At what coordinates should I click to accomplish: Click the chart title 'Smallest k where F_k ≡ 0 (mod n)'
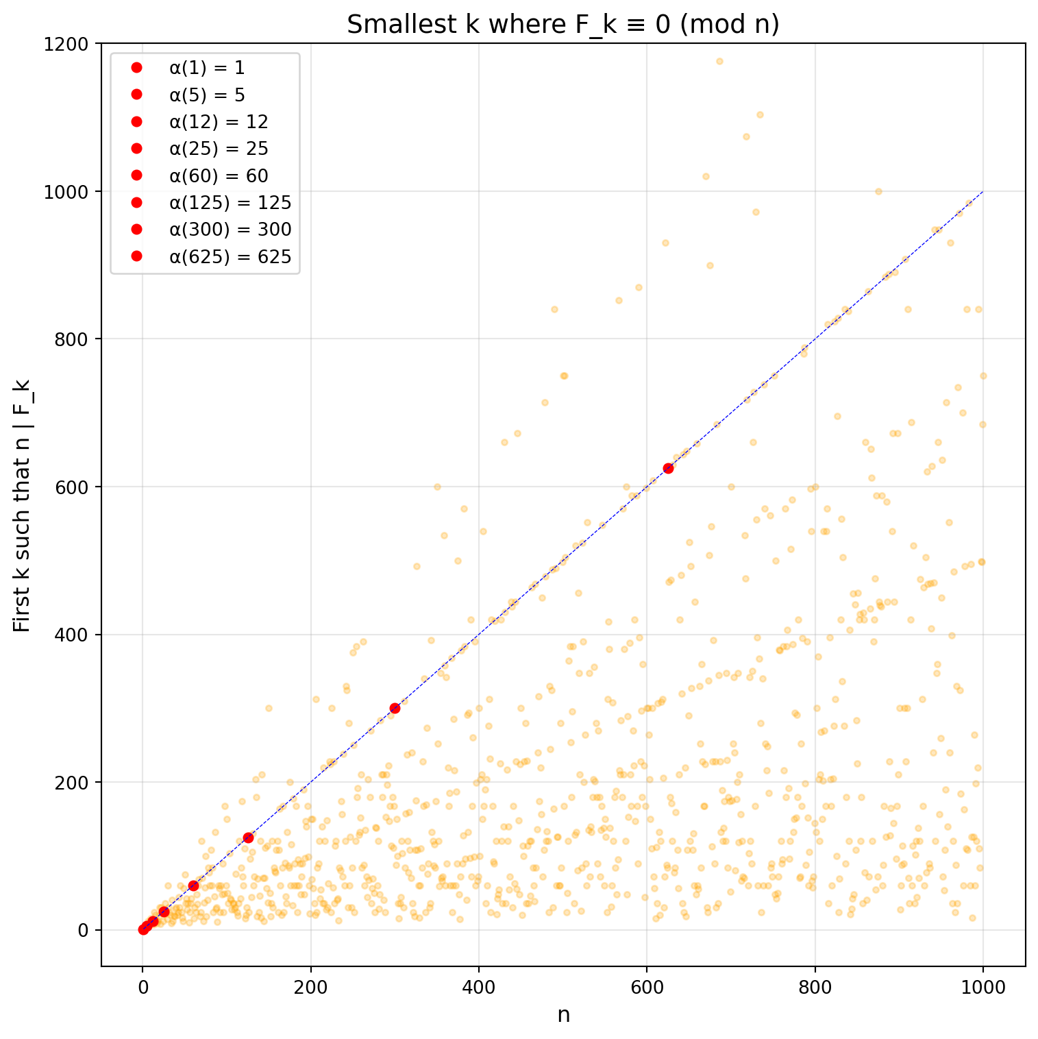tap(563, 25)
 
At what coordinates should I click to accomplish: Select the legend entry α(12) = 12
tap(219, 121)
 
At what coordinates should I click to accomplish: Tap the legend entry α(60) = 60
tap(219, 175)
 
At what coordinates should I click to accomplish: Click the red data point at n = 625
tap(668, 468)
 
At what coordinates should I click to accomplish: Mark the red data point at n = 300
tap(395, 708)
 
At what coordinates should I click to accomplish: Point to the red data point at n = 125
tap(248, 838)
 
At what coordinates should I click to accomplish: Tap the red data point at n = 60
tap(193, 885)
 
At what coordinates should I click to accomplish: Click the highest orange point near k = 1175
tap(719, 61)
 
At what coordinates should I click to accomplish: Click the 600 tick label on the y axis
tap(74, 487)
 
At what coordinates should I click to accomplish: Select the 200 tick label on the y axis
tap(74, 782)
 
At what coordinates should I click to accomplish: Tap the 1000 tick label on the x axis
tap(983, 987)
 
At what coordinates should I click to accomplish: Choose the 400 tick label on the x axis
tap(478, 987)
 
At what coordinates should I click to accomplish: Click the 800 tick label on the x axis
tap(815, 987)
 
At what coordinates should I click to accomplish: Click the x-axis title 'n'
tap(563, 1015)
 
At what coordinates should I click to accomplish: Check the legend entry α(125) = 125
tap(230, 202)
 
